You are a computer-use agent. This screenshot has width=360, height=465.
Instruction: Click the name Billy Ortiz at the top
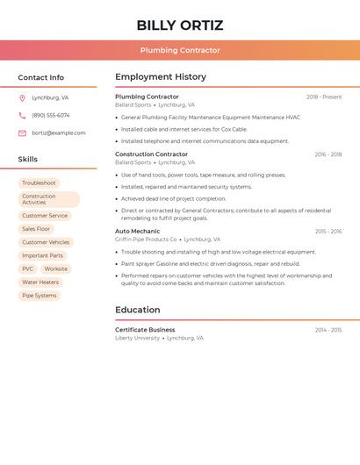[180, 25]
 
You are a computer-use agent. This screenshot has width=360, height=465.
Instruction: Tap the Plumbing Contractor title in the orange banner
[180, 50]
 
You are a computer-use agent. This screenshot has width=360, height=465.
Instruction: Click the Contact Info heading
[40, 77]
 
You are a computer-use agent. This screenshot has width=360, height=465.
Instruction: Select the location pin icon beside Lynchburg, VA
[22, 97]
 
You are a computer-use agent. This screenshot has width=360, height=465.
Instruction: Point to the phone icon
[22, 115]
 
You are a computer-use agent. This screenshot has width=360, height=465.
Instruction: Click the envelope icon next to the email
[22, 132]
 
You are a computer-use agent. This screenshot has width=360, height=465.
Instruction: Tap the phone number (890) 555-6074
[51, 115]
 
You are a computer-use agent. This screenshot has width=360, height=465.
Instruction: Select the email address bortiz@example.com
[59, 132]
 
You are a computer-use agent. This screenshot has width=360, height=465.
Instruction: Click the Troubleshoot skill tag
[39, 182]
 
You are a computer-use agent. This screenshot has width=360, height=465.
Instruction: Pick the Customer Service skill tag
[45, 216]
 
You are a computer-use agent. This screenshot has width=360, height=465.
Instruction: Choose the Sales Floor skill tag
[36, 229]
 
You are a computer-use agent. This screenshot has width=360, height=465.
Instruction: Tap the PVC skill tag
[28, 268]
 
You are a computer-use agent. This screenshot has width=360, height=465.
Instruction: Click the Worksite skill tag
[56, 268]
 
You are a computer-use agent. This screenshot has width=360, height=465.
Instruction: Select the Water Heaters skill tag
[40, 283]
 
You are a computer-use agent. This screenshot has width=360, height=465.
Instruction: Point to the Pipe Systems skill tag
[40, 296]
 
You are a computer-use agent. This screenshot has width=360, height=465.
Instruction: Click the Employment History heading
[161, 77]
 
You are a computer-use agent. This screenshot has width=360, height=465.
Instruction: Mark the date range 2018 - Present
[324, 97]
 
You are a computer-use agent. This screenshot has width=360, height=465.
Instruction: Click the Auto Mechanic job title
[137, 232]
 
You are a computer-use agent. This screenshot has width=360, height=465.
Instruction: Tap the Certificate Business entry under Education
[145, 330]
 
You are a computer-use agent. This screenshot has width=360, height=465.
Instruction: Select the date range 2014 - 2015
[328, 330]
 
